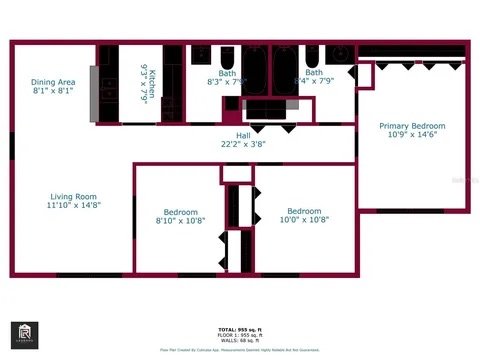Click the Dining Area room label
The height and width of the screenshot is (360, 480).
pyautogui.click(x=53, y=82)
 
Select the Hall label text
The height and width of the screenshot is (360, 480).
pyautogui.click(x=243, y=135)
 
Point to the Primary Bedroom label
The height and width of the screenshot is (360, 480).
pyautogui.click(x=412, y=126)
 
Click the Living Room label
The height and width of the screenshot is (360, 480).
pyautogui.click(x=74, y=196)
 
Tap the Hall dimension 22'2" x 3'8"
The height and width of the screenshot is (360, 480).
pyautogui.click(x=243, y=145)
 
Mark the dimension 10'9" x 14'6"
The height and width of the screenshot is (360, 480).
pyautogui.click(x=412, y=136)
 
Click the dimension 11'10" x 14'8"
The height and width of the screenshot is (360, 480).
pyautogui.click(x=74, y=206)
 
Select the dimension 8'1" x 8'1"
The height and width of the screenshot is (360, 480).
pyautogui.click(x=53, y=91)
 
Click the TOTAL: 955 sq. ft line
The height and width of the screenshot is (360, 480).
pyautogui.click(x=240, y=329)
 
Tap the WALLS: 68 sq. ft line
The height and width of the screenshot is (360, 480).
pyautogui.click(x=240, y=341)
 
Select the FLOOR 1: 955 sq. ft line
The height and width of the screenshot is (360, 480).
pyautogui.click(x=240, y=335)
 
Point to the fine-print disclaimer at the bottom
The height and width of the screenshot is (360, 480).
pyautogui.click(x=240, y=350)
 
